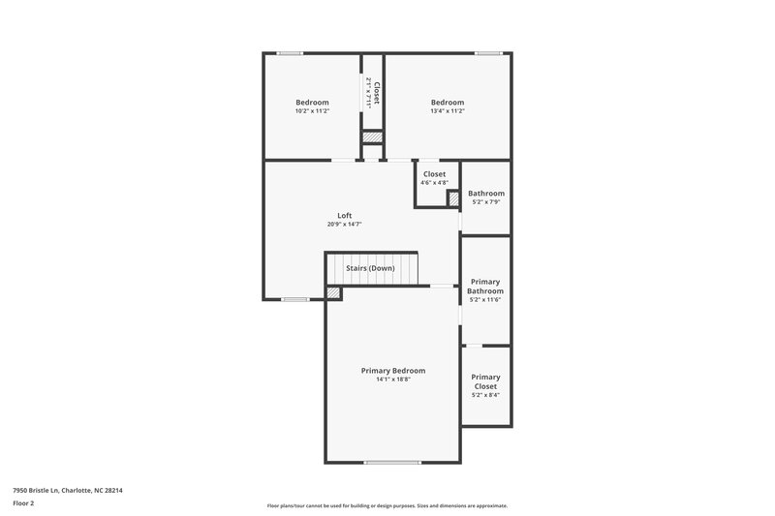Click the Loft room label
click(345, 216)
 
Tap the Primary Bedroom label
click(393, 371)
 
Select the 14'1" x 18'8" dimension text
click(393, 379)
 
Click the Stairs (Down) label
click(371, 268)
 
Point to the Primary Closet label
click(485, 381)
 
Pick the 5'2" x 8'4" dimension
click(485, 395)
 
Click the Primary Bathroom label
click(485, 287)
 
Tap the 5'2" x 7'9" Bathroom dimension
click(485, 202)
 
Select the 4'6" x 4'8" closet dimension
click(434, 183)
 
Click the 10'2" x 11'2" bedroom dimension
click(312, 111)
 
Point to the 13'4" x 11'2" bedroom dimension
click(448, 111)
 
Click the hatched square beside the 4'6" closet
click(452, 198)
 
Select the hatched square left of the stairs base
click(333, 292)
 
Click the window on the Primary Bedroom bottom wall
click(392, 463)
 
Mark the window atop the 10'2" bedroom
click(290, 53)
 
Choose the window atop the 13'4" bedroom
click(488, 53)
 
